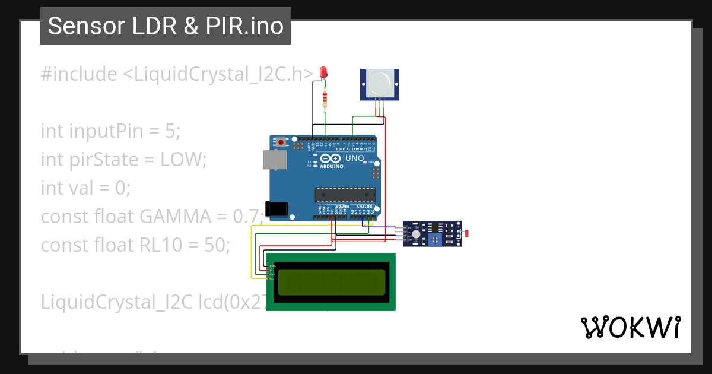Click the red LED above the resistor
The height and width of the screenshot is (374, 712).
click(x=323, y=72)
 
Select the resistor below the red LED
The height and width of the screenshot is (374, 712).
click(x=324, y=100)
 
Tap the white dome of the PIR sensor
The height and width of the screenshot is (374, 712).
click(x=379, y=83)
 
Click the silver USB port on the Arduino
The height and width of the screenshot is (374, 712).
click(x=274, y=160)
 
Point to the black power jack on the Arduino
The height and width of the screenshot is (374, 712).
click(x=276, y=208)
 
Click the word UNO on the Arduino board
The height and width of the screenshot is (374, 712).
click(x=355, y=159)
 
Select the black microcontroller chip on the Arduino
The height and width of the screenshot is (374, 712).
click(x=345, y=194)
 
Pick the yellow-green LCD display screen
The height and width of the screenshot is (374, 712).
click(x=330, y=282)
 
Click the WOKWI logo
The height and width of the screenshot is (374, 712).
click(x=630, y=327)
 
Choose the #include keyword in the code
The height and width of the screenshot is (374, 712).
click(x=79, y=74)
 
